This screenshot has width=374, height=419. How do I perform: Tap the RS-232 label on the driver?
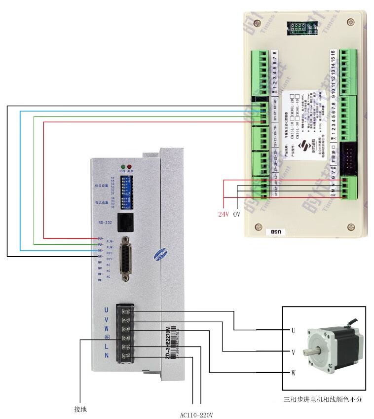point(106,223)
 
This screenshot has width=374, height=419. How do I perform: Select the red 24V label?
point(224,215)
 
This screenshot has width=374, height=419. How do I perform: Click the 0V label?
point(236,215)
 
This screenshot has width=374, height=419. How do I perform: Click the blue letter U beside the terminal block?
point(106,310)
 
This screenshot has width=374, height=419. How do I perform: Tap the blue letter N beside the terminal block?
point(106,355)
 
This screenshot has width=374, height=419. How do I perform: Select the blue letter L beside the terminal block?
point(106,346)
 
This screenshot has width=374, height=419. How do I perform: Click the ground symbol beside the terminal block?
point(107,338)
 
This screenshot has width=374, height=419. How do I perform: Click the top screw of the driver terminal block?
point(126,311)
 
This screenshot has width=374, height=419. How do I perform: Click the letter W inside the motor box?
point(293,373)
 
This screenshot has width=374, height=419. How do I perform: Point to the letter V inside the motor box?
point(293,351)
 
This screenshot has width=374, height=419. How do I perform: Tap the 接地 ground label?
point(80,409)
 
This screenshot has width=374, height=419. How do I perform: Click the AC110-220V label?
point(196,415)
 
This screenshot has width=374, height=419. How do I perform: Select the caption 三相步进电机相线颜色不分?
point(323,399)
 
